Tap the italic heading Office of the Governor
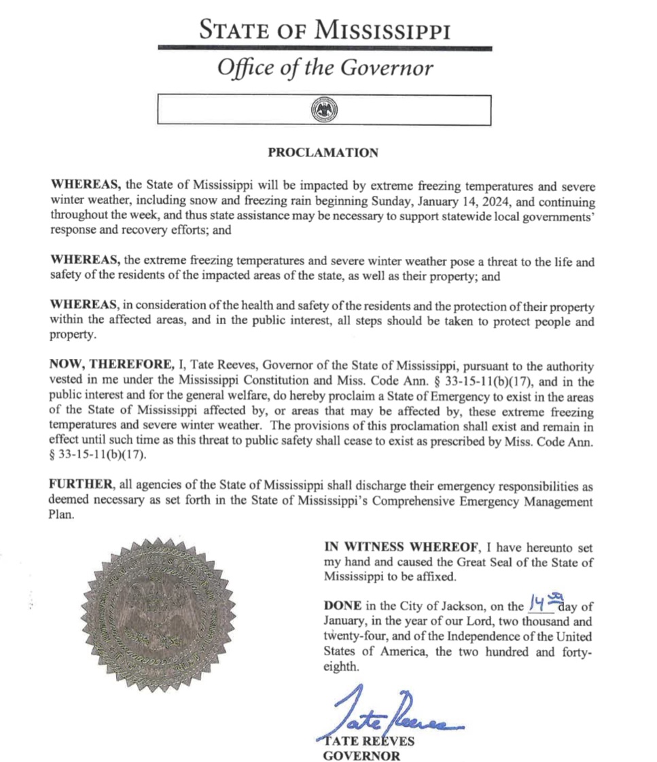coord(324,69)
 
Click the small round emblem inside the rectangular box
coord(323,110)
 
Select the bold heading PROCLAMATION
coord(323,153)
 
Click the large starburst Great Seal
coord(157,612)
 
